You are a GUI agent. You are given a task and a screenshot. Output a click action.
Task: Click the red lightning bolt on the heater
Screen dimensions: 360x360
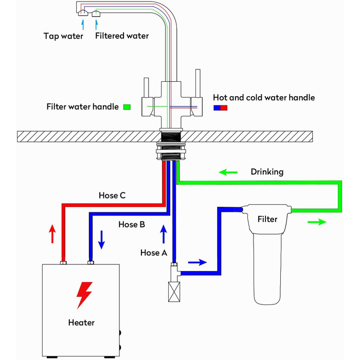tap(84, 295)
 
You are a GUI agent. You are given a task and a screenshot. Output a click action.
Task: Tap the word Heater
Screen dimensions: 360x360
tap(81, 322)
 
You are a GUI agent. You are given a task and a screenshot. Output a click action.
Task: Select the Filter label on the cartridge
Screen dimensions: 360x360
tap(267, 219)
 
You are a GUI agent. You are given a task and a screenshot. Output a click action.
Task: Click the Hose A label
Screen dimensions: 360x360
tap(154, 253)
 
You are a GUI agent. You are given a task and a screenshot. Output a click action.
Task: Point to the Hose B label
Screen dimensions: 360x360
tap(132, 224)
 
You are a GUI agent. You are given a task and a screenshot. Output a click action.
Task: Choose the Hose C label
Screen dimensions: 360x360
tap(112, 195)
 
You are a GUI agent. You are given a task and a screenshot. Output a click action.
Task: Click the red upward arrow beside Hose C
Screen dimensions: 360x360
tap(52, 233)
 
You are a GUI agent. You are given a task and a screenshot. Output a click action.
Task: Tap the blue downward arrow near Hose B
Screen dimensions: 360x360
tap(101, 240)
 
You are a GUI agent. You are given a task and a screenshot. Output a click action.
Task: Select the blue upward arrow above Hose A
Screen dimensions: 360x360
tap(164, 234)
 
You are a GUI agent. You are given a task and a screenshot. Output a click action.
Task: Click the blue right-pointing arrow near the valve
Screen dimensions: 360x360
tap(197, 262)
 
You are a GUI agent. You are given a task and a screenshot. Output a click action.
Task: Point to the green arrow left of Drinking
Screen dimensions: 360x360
tap(228, 172)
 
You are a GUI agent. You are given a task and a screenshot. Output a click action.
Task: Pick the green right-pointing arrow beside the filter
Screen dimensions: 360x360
tap(317, 222)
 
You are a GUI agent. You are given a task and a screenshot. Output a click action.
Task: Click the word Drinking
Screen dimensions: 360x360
tap(267, 172)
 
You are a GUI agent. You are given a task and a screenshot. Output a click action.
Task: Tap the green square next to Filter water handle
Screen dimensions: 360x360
tap(127, 107)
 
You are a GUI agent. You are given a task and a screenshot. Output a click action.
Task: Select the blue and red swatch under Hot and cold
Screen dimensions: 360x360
tap(221, 107)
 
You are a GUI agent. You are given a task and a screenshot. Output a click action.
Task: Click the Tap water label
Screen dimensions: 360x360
tap(63, 36)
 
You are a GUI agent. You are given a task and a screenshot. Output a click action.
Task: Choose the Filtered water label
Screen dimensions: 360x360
tap(122, 36)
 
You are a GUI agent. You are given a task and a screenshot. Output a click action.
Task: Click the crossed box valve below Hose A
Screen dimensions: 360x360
tap(174, 292)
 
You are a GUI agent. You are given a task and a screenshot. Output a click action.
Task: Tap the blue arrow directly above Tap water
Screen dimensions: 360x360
tap(83, 25)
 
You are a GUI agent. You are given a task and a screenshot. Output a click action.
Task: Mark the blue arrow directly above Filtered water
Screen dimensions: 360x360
tap(97, 25)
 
